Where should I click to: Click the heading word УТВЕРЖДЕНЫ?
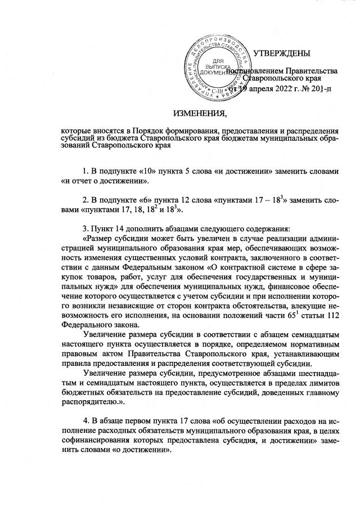(x=281, y=54)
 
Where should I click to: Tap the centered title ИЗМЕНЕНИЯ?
(x=200, y=115)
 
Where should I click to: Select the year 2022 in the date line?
(x=272, y=89)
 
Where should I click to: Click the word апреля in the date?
(x=247, y=89)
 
